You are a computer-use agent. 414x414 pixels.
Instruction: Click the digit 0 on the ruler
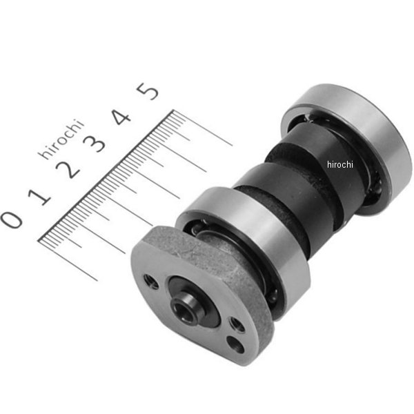click(11, 219)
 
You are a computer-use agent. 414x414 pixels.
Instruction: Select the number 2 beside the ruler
click(68, 170)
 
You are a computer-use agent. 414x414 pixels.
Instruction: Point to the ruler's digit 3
click(94, 144)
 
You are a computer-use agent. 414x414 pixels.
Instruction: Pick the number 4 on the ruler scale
click(121, 117)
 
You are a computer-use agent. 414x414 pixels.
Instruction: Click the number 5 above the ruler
click(148, 91)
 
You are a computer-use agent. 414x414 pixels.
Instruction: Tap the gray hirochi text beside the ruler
click(61, 139)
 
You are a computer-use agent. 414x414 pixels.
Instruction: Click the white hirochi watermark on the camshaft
click(339, 164)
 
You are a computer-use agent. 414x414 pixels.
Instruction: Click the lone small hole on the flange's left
click(151, 282)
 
